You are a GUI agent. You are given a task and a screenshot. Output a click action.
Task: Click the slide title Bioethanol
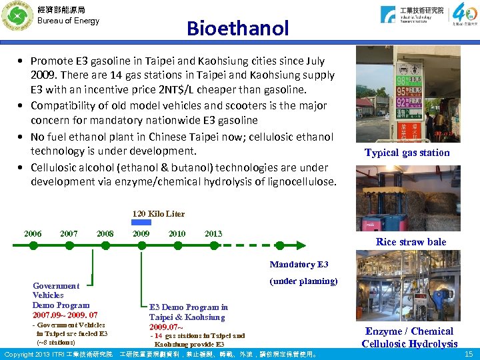click(237, 29)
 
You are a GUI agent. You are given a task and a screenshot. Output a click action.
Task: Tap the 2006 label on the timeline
click(33, 234)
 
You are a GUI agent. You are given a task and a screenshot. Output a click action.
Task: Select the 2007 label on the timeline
click(69, 234)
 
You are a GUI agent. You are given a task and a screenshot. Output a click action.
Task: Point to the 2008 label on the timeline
click(105, 234)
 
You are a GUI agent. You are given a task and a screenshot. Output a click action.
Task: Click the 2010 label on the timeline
click(177, 234)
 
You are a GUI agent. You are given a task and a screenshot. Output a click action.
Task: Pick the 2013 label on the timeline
click(213, 234)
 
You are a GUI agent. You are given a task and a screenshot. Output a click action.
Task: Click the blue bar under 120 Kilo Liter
click(141, 223)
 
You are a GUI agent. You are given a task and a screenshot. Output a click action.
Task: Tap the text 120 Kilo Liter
click(158, 214)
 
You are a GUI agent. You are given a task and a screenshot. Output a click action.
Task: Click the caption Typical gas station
click(407, 153)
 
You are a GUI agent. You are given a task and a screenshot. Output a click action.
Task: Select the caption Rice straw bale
click(411, 242)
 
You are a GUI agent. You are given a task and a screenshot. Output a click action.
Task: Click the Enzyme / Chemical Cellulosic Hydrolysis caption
click(409, 337)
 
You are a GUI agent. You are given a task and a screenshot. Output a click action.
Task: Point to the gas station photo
click(407, 93)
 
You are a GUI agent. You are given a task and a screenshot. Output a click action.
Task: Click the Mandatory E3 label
click(299, 265)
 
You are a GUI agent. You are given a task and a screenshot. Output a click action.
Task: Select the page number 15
click(468, 354)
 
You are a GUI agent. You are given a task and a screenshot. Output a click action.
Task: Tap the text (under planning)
click(303, 281)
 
